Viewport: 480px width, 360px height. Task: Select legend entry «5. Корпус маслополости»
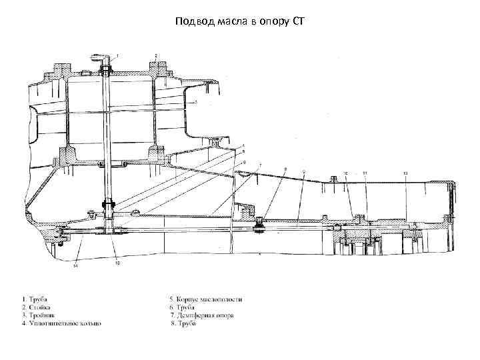coord(206,299)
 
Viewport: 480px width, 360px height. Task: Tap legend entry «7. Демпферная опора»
coord(202,315)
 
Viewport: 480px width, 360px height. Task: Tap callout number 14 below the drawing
coord(75,266)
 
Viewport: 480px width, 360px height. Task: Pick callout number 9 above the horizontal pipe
coord(304,171)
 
